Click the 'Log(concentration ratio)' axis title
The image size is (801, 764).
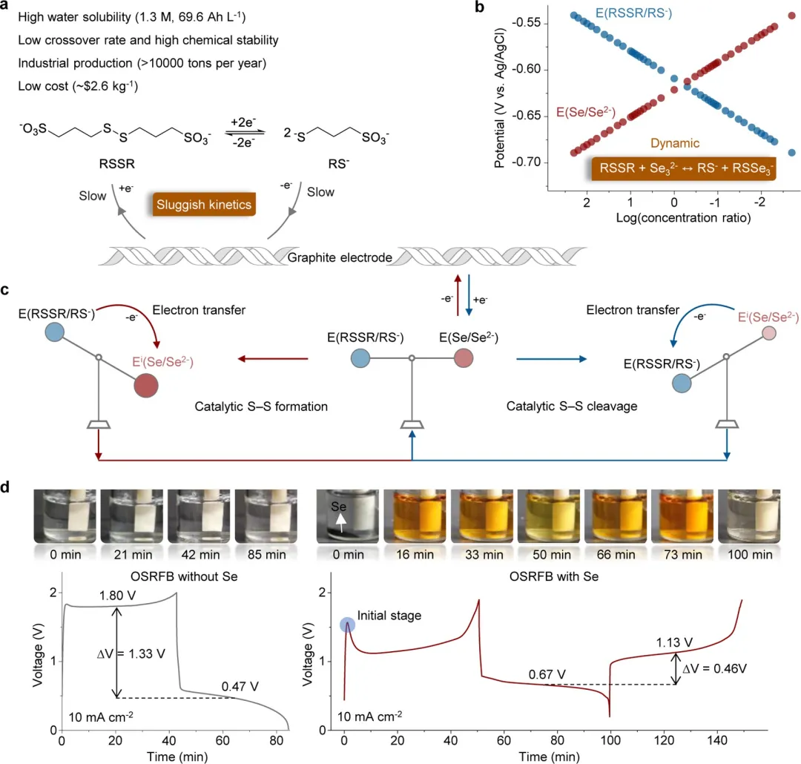click(673, 218)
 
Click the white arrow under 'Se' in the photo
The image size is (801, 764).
click(342, 521)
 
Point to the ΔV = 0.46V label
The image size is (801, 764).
click(716, 667)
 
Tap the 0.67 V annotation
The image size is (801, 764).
click(548, 674)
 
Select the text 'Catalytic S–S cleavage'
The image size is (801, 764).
click(563, 406)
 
